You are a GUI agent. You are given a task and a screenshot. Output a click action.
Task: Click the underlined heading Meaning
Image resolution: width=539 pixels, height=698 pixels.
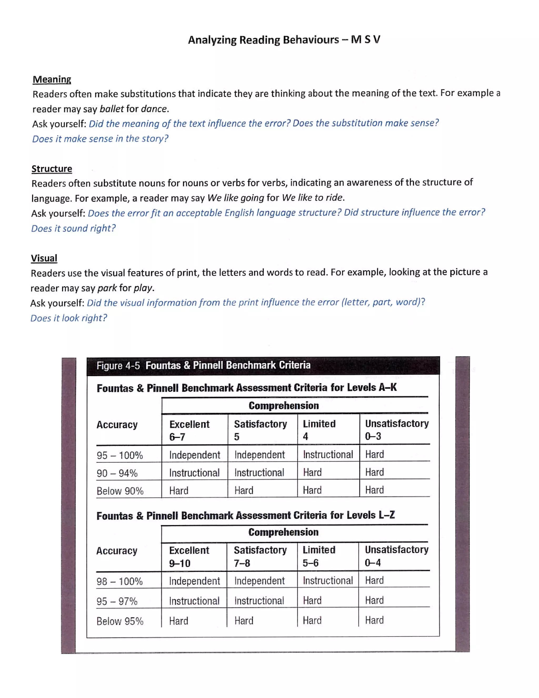point(52,79)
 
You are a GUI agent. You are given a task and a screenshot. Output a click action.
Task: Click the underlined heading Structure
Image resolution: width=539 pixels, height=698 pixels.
point(52,169)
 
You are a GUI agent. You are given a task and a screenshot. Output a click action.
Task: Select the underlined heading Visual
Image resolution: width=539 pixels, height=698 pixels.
point(44,258)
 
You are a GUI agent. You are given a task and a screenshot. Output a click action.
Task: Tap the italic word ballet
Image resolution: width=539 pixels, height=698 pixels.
point(111,109)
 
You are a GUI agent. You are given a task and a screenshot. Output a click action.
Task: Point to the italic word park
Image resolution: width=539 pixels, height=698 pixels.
point(107,288)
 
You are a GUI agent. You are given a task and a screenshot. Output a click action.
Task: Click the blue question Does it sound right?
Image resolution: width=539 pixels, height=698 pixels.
point(73,228)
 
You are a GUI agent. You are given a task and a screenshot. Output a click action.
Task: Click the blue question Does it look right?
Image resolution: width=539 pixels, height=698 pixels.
point(69,318)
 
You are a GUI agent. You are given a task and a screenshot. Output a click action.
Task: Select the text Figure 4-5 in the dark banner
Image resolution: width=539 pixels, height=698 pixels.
point(118,366)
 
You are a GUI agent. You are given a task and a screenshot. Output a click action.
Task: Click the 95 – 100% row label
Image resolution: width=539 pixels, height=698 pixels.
point(120,455)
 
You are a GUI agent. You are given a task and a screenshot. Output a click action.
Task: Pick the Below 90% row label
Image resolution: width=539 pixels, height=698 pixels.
point(120,491)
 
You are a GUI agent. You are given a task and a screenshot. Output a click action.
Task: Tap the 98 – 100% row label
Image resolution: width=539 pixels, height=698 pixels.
point(120,581)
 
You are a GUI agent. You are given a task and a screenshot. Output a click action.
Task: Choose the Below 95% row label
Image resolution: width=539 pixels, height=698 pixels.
point(120,621)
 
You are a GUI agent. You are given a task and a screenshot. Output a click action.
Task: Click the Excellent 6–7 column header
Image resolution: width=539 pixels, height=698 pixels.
point(189,430)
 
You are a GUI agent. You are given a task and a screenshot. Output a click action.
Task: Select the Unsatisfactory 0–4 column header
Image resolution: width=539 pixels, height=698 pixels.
point(396,556)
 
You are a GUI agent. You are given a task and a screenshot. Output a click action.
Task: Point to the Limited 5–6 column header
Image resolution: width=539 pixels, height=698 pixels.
point(319,556)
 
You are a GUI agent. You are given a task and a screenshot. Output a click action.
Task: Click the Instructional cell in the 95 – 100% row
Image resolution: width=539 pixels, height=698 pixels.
point(328,454)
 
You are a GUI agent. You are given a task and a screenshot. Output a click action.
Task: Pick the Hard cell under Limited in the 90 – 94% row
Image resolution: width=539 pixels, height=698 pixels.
point(312,472)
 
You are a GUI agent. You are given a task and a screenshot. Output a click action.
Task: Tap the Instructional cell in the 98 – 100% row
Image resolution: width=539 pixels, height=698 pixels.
point(328,580)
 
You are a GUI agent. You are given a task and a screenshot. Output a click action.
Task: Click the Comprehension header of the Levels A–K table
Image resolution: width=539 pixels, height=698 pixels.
point(283,406)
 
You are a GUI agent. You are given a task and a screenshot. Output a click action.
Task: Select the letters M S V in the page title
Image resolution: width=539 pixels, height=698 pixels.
point(365,40)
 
